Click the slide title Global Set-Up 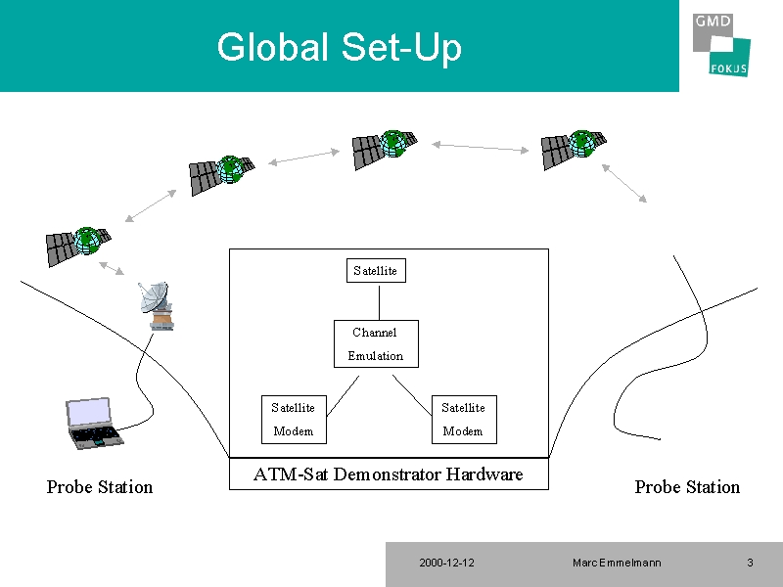339,48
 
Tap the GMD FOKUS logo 721,45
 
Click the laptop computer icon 93,424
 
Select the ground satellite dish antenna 157,306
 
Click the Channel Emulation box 376,344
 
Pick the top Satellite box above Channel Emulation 376,271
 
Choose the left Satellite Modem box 295,420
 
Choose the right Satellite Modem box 464,420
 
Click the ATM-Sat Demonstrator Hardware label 388,474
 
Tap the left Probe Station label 100,487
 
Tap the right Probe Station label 687,487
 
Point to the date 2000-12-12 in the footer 446,564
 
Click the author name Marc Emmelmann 617,564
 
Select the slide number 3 750,564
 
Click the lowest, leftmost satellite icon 78,246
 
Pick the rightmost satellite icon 574,149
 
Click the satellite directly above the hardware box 385,149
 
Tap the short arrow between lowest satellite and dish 112,268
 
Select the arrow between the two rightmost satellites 480,148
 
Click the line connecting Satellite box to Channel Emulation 379,301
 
